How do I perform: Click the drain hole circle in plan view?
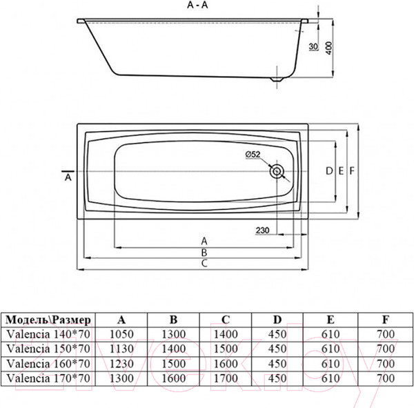(x=277, y=171)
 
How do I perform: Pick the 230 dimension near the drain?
(x=262, y=231)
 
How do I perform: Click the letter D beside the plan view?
(x=329, y=171)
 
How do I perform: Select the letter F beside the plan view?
(x=352, y=171)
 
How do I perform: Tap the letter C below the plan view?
(x=205, y=264)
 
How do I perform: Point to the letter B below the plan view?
(x=205, y=252)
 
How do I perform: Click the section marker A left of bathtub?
(x=67, y=177)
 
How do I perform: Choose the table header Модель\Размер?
(x=48, y=319)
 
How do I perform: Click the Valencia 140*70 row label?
(x=48, y=333)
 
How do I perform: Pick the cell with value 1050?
(x=122, y=333)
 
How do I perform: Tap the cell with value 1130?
(x=122, y=347)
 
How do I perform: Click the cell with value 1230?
(x=122, y=362)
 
